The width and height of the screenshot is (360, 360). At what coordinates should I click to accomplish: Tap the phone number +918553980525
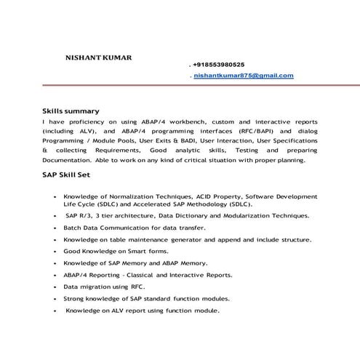tap(219, 64)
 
